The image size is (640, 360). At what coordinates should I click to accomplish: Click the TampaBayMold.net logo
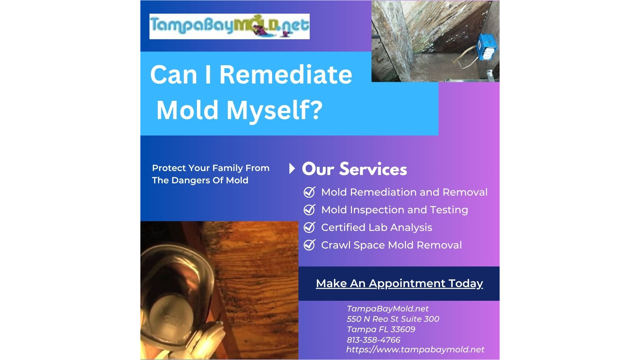[230, 26]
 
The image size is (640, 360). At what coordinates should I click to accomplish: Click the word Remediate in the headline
[286, 74]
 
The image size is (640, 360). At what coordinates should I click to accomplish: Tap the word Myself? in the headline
[274, 110]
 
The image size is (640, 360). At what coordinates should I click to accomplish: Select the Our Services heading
[354, 169]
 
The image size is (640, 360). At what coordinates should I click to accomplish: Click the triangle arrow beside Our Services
[292, 169]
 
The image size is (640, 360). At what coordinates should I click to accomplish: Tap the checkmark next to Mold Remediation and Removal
[310, 192]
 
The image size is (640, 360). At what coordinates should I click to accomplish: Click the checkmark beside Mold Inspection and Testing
[310, 210]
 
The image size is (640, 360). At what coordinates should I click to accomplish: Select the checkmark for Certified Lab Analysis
[310, 227]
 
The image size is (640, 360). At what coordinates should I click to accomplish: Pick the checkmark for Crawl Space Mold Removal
[310, 245]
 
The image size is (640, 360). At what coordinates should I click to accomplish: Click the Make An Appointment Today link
[399, 283]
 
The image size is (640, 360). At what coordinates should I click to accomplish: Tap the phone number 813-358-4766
[373, 340]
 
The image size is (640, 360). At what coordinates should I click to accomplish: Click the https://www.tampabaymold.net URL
[415, 349]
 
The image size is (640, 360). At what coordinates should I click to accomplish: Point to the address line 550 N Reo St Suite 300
[393, 319]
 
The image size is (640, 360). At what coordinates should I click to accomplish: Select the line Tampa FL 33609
[381, 329]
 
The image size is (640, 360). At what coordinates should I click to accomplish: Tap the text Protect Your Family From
[211, 168]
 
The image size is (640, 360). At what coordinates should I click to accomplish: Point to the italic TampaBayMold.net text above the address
[388, 309]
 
